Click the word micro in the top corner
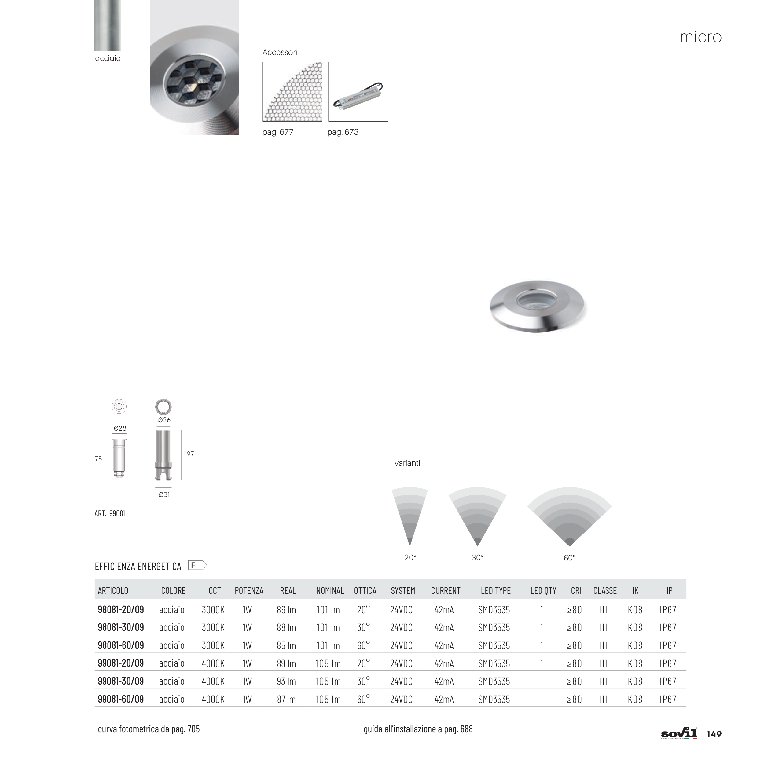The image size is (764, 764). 701,37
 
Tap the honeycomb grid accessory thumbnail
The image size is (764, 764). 292,92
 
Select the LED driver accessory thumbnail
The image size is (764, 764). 358,92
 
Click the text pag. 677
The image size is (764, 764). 278,132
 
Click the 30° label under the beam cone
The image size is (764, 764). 478,558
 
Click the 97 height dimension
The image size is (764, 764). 190,454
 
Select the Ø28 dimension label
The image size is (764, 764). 120,428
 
